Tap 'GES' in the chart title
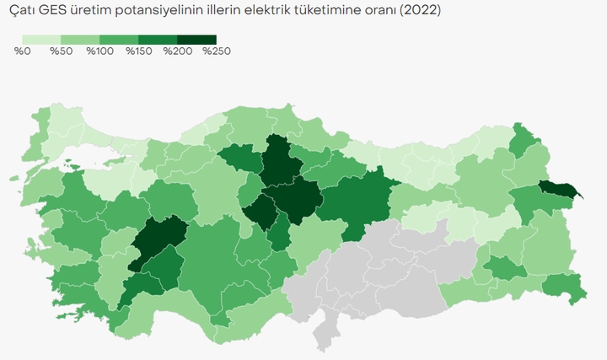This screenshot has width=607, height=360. (x=53, y=11)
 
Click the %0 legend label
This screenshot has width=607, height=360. (x=23, y=51)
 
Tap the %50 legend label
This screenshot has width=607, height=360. (x=61, y=51)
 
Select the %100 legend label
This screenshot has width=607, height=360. (x=99, y=51)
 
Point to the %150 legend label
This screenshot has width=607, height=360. (x=138, y=51)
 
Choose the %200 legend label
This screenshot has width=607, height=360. (x=177, y=51)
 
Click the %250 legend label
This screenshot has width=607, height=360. (x=216, y=51)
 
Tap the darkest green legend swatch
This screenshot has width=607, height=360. (x=196, y=40)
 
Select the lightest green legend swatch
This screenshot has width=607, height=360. (x=41, y=40)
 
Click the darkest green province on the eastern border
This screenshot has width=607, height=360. (x=557, y=191)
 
